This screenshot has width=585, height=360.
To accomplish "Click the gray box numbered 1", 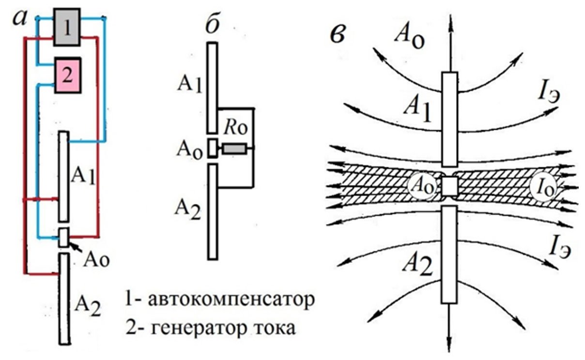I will pyautogui.click(x=67, y=28).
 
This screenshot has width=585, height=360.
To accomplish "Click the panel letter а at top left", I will pyautogui.click(x=20, y=20).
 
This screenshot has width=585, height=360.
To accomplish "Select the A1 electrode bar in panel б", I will pyautogui.click(x=212, y=88).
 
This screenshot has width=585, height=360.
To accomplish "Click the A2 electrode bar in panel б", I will pyautogui.click(x=212, y=211).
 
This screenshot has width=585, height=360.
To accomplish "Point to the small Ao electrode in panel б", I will pyautogui.click(x=212, y=148).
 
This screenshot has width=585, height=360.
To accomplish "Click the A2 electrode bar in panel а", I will pyautogui.click(x=63, y=298).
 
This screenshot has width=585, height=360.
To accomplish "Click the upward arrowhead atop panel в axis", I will pyautogui.click(x=450, y=20).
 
